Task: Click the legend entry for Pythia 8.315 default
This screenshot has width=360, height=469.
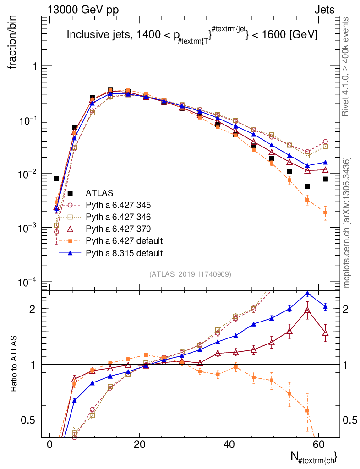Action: pos(124,253)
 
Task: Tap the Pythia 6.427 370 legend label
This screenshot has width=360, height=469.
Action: pos(118,229)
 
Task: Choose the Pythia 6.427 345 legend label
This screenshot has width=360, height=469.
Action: pos(118,205)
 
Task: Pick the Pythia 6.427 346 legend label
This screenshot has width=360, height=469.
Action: pos(118,217)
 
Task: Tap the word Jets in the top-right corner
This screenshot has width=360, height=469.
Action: pos(324,10)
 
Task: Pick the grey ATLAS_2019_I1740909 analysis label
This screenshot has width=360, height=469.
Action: pos(190,274)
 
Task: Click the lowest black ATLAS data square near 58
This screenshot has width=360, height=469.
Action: pos(307,186)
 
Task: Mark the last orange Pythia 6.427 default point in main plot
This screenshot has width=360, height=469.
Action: pos(325,213)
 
